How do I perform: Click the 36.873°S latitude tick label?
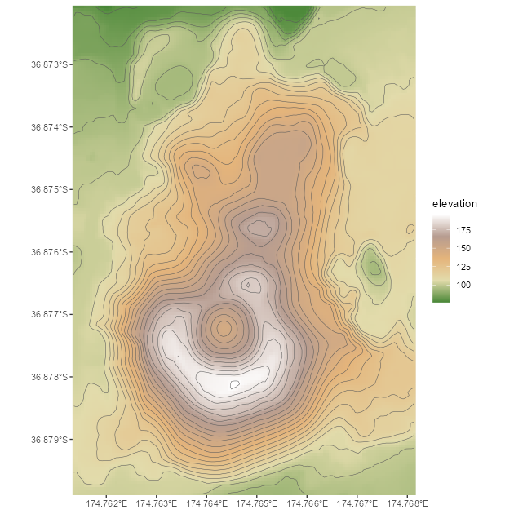tap(49, 64)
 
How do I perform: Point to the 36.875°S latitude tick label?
tap(49, 188)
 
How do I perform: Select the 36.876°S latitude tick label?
tap(49, 251)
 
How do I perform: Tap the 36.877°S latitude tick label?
tap(49, 314)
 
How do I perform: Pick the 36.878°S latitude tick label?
tap(49, 377)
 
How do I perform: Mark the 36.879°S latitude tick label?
tap(49, 440)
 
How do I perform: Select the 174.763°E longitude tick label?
tap(157, 503)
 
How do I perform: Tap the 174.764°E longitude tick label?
tap(207, 503)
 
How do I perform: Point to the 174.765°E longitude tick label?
tap(257, 503)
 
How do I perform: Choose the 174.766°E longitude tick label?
tap(307, 503)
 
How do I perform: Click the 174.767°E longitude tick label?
tap(357, 503)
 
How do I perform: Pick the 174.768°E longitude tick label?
tap(406, 503)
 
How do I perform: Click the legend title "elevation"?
tap(454, 203)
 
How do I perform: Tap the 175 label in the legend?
tap(463, 230)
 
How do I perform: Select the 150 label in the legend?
tap(463, 248)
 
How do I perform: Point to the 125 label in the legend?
tap(463, 267)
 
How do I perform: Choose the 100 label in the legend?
tap(463, 285)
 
